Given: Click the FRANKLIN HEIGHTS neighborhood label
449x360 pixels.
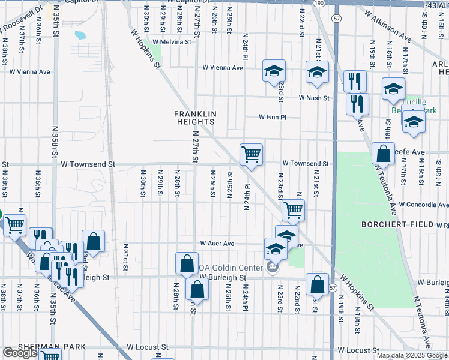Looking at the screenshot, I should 194,117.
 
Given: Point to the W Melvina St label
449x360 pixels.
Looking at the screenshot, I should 171,42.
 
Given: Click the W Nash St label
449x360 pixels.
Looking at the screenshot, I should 315,98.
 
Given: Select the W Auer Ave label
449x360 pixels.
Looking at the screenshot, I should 217,244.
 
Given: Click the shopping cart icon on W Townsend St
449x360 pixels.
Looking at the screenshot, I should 251,154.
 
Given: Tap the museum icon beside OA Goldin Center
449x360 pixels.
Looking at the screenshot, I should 273,266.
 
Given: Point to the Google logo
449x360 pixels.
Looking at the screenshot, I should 20,353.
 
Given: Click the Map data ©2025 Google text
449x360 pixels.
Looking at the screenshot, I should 412,355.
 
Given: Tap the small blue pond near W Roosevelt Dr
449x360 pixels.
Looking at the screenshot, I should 80,35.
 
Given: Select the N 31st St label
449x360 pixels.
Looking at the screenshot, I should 126,257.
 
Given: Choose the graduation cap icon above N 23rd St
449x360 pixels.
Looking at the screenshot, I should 274,72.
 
